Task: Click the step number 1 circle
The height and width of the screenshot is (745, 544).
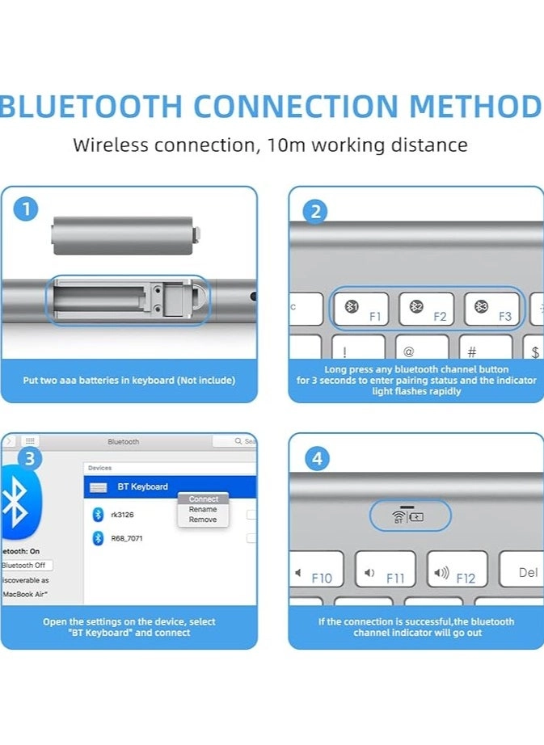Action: click(x=26, y=210)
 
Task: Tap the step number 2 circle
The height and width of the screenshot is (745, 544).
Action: click(x=315, y=212)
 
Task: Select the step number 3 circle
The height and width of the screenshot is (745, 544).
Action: click(x=30, y=459)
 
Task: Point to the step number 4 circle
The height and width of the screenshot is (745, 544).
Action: click(x=316, y=459)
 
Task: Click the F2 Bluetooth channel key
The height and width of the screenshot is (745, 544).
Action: click(x=426, y=309)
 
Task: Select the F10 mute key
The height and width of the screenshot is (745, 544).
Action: click(x=315, y=570)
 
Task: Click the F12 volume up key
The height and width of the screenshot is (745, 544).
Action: click(x=457, y=570)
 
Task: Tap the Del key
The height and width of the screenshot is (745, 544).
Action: click(x=523, y=570)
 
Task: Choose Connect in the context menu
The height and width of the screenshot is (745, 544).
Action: click(x=204, y=499)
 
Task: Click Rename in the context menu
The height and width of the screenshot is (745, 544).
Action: click(x=203, y=510)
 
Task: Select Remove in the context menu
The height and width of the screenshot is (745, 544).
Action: click(x=203, y=520)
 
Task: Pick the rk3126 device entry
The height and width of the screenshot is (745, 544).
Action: click(x=122, y=514)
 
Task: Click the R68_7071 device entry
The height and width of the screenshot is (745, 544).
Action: click(x=126, y=538)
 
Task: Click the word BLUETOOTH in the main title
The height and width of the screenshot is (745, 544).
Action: click(x=91, y=106)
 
